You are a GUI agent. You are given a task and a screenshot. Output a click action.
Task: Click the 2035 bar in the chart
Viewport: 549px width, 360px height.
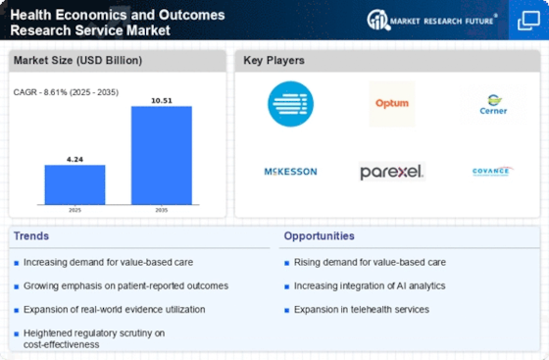pos(162,154)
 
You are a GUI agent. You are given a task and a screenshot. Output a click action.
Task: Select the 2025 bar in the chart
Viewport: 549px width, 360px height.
pos(74,183)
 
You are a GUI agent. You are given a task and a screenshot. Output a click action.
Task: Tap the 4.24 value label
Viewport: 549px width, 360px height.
pos(74,158)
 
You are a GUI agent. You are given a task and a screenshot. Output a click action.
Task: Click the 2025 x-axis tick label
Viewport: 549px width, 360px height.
pos(74,209)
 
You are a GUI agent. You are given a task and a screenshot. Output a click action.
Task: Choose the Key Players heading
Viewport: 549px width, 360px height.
pos(274,61)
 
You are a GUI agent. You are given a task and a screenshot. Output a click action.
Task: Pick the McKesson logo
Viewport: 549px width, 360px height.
pos(291,172)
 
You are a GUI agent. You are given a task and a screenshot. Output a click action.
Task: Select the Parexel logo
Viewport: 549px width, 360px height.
pos(391,172)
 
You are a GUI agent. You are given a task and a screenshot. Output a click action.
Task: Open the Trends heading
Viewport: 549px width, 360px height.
pos(31,235)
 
